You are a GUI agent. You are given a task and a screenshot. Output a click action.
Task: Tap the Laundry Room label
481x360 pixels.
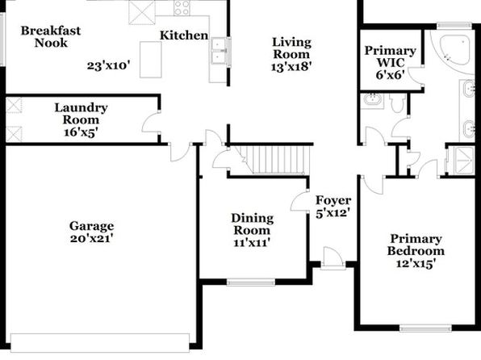[x=81, y=114]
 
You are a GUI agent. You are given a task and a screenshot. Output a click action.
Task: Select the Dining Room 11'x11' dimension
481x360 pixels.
[x=252, y=243]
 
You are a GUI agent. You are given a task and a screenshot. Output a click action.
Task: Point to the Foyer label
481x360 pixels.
[x=333, y=200]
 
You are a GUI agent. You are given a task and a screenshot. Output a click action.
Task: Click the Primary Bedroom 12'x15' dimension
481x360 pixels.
[x=416, y=263]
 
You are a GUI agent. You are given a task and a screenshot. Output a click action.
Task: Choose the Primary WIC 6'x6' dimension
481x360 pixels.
[x=390, y=74]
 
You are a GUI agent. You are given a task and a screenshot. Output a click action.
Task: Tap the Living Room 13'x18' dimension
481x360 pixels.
[x=291, y=66]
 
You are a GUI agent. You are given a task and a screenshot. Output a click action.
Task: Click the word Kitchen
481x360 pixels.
[x=184, y=36]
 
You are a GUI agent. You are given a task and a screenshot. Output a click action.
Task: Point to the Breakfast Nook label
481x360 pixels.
[x=51, y=36]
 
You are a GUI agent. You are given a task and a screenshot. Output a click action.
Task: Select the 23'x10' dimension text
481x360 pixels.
[x=109, y=65]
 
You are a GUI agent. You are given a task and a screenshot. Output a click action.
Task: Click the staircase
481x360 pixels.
[x=274, y=160]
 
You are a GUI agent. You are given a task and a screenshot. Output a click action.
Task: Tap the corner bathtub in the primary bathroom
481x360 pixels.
[x=454, y=50]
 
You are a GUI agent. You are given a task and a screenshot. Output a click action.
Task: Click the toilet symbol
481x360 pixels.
[x=397, y=103]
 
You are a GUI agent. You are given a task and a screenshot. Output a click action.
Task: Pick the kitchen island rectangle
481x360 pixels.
[x=151, y=60]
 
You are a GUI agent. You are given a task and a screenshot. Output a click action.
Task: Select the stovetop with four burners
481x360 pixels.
[x=182, y=8]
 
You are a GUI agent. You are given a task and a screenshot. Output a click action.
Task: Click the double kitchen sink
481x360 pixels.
[x=219, y=50]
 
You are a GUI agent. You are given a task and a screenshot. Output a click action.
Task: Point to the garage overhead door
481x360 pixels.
[x=100, y=343]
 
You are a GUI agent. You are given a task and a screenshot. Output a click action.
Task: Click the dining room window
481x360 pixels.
[x=251, y=283]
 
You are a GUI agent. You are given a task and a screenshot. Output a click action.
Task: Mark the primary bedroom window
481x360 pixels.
[x=425, y=329]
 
